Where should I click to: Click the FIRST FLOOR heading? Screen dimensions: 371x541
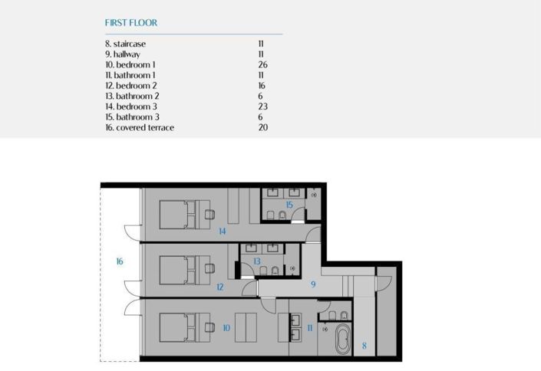point(131,23)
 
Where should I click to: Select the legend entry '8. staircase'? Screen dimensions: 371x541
point(125,44)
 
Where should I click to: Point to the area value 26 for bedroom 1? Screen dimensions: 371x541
point(262,65)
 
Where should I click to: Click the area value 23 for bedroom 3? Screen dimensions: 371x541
point(262,107)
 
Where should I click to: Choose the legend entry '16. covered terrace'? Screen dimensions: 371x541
point(140,127)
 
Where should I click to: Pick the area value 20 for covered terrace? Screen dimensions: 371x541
point(262,127)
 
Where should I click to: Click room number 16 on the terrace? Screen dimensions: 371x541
point(120,261)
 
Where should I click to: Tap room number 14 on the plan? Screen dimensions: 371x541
point(222,231)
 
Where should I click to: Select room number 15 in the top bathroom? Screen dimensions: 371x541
point(289,205)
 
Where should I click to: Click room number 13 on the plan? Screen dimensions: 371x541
point(257,261)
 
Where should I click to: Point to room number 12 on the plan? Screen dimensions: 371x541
point(219,287)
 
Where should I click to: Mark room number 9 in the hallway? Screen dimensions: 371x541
point(313,284)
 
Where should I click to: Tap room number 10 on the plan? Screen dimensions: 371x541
point(226,327)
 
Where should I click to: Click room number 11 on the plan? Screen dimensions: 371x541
point(310,328)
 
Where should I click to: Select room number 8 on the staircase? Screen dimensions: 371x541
point(364,346)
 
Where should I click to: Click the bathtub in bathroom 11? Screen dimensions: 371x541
point(341,339)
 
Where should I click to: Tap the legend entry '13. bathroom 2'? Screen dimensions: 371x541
point(131,97)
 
